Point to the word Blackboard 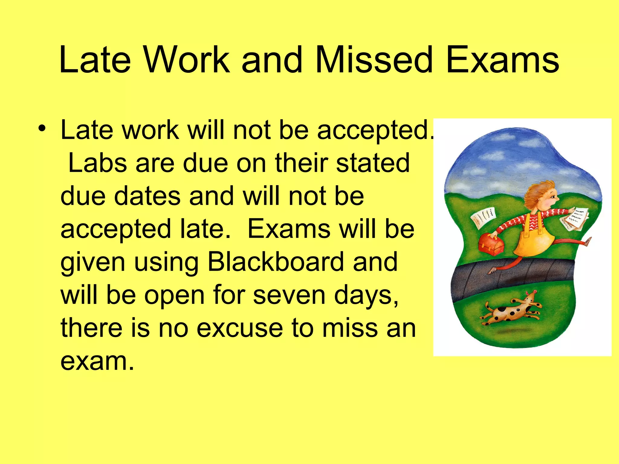click(276, 262)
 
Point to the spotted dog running click(511, 311)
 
